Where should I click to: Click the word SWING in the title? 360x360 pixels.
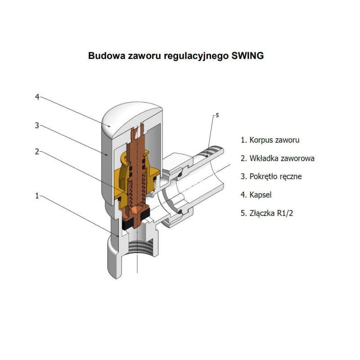point(247,56)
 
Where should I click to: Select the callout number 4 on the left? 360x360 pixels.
point(38,97)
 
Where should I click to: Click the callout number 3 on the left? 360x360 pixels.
point(38,126)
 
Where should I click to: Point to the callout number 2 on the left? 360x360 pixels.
point(38,152)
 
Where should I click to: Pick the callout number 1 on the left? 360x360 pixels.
point(38,196)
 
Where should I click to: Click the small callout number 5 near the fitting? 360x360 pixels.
point(217,116)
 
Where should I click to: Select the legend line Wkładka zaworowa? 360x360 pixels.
point(277,158)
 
